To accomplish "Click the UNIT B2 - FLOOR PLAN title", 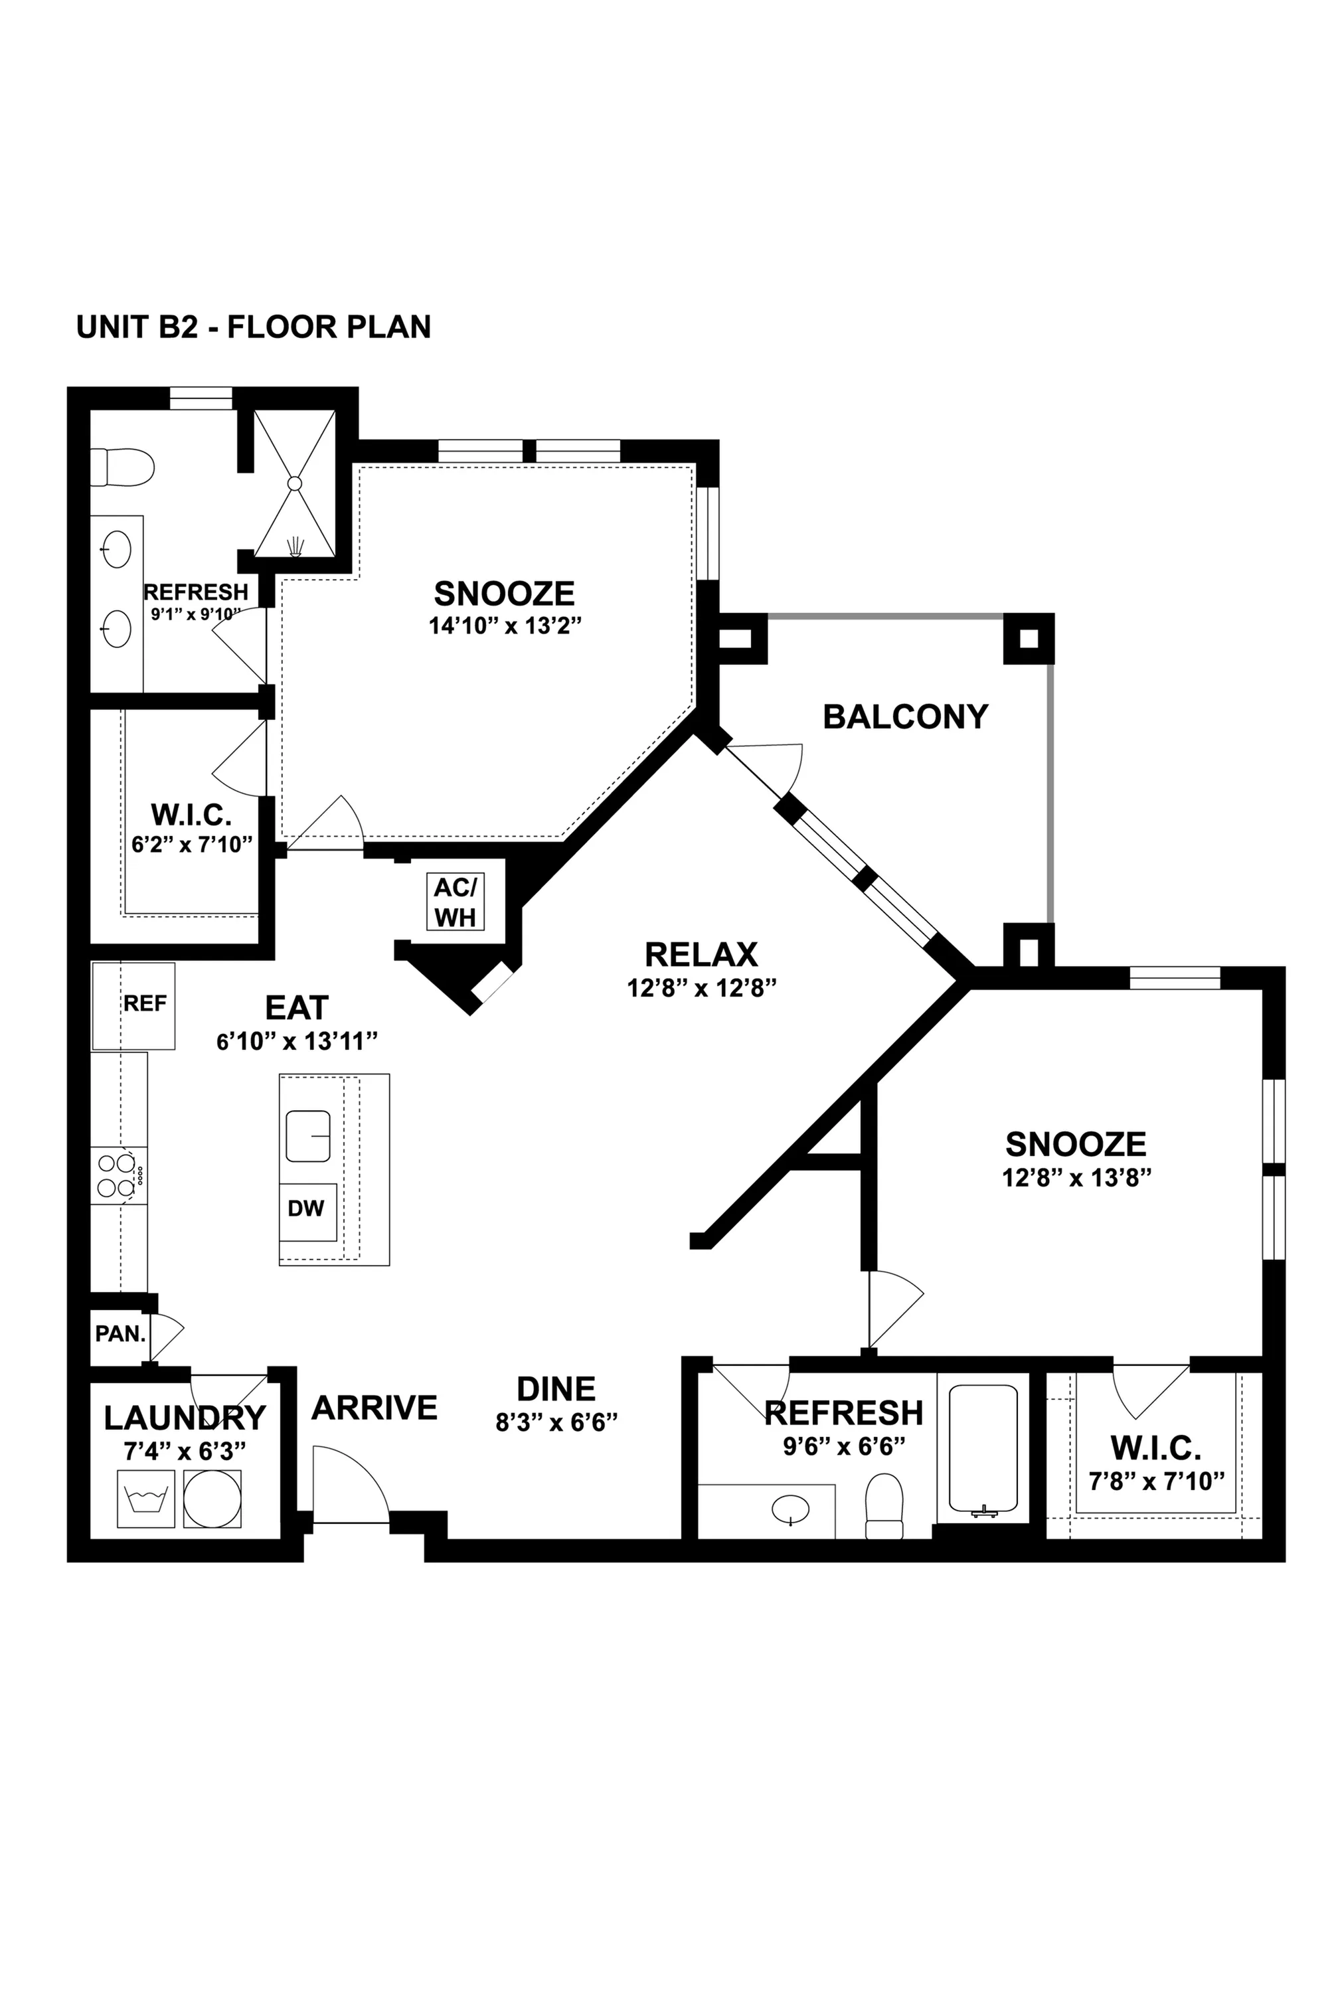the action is click(x=253, y=327).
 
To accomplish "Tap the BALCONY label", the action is click(x=906, y=716).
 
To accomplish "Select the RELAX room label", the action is click(x=701, y=955).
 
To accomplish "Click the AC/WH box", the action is click(x=456, y=902).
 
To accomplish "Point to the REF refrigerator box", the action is click(x=134, y=1005).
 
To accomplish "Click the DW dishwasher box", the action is click(x=307, y=1209).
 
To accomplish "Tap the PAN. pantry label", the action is click(x=120, y=1335).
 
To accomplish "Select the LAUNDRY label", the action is click(x=185, y=1418).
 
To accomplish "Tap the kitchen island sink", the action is click(x=307, y=1135).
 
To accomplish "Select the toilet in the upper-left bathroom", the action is click(x=123, y=467).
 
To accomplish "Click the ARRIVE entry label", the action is click(x=374, y=1408).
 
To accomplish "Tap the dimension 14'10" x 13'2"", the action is click(x=505, y=626).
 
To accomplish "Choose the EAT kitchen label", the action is click(x=296, y=1008).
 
